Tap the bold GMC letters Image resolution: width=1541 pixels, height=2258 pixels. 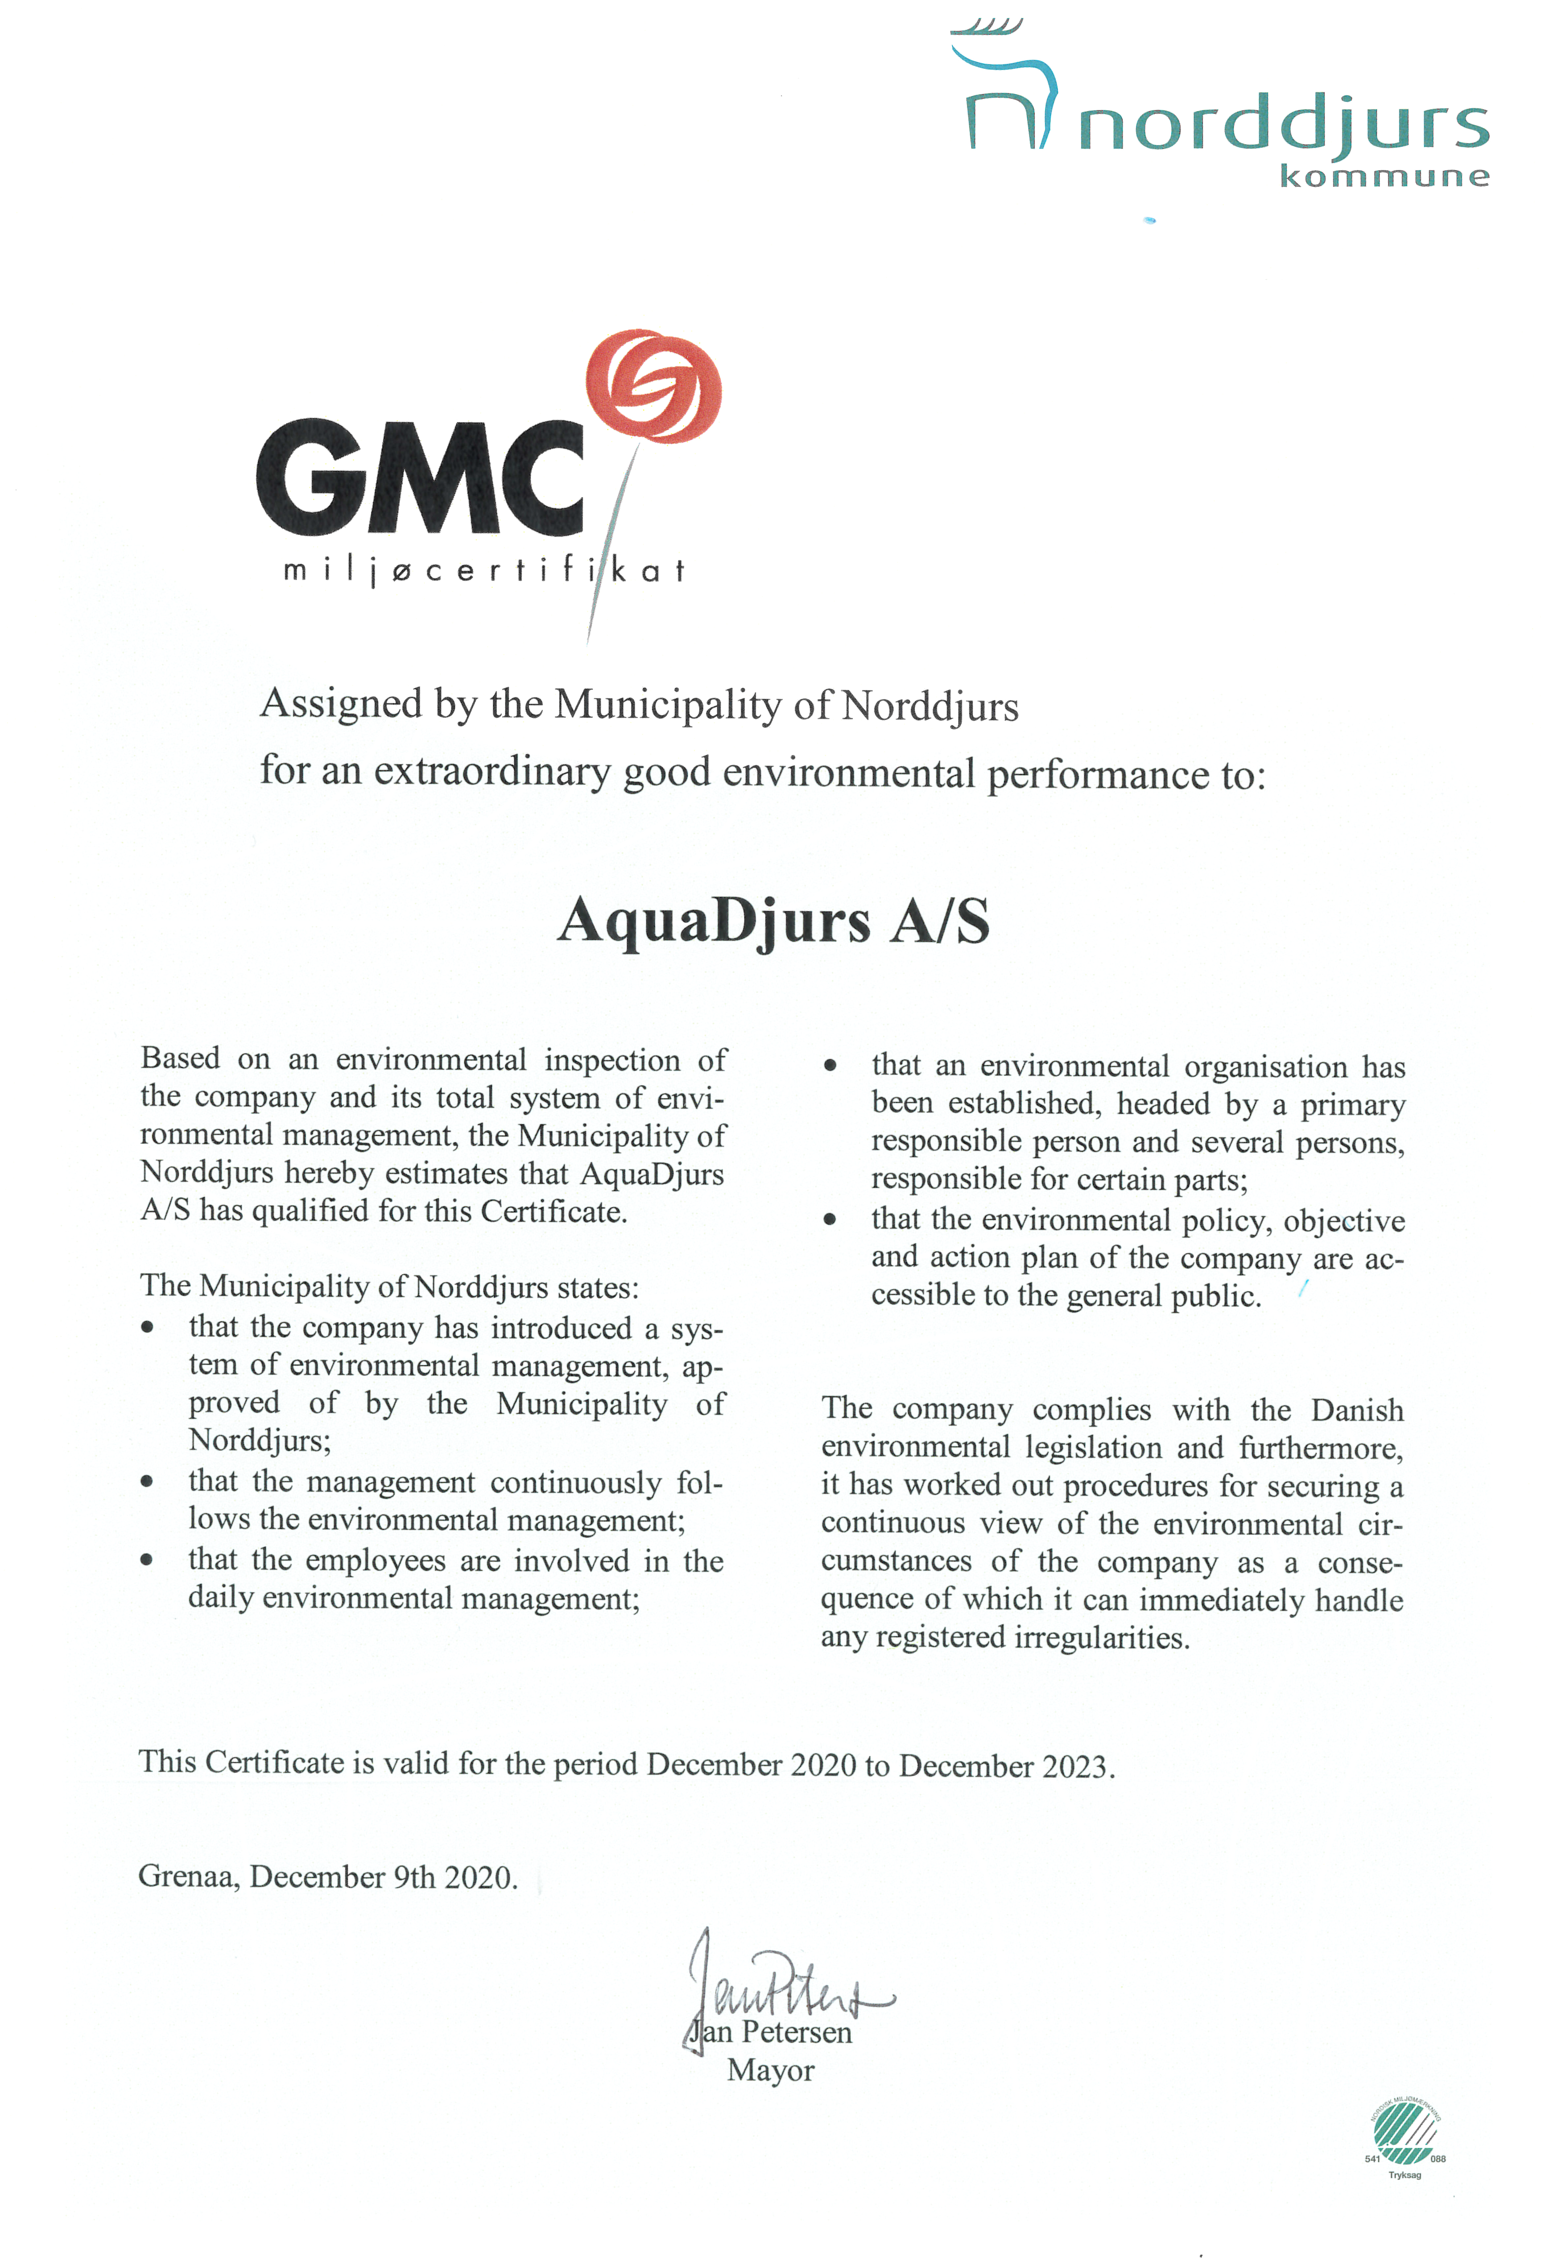(420, 478)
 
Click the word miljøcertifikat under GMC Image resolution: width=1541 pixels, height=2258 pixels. (484, 571)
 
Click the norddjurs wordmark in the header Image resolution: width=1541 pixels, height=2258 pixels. (1282, 126)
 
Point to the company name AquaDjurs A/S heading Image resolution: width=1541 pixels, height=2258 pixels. (773, 921)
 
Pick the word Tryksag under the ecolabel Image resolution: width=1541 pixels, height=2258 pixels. (1404, 2175)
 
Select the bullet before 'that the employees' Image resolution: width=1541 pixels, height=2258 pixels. (147, 1561)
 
